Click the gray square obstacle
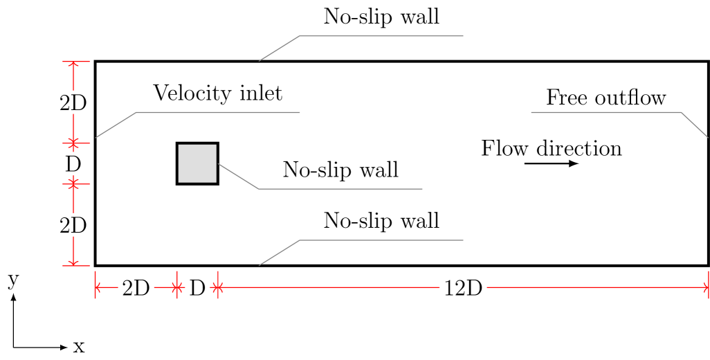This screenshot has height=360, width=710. (197, 163)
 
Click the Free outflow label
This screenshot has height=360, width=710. (606, 98)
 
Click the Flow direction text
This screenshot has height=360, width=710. (551, 149)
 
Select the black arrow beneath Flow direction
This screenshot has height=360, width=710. (551, 163)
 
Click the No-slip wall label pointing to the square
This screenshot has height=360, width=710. (340, 170)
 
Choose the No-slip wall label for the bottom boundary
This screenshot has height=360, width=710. (381, 221)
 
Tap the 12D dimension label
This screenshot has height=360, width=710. (462, 287)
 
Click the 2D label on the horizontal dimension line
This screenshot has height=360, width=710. (136, 287)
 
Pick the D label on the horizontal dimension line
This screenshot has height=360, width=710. (197, 287)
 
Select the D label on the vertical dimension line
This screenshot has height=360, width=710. (73, 164)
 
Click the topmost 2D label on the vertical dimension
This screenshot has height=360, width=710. (73, 103)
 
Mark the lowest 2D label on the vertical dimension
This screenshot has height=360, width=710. (73, 225)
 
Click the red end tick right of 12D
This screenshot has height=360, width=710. (708, 285)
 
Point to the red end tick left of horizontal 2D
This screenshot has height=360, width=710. (95, 285)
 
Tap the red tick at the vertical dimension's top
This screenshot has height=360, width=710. (73, 62)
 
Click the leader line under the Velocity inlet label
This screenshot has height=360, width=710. (217, 112)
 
